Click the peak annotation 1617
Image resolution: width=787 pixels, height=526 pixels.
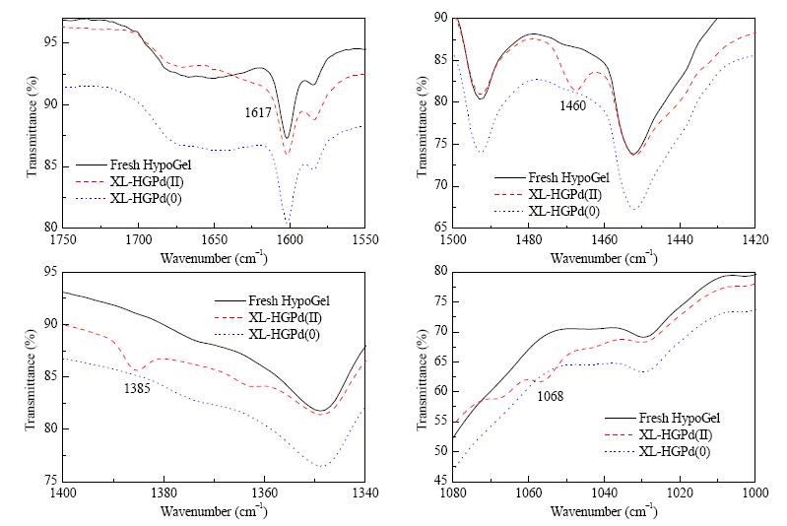click(258, 112)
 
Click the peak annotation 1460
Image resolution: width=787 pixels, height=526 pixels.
click(572, 106)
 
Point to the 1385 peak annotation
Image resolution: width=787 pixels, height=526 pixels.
click(137, 388)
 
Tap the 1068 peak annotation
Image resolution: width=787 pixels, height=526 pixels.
click(550, 397)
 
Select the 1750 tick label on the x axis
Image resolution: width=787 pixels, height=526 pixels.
click(63, 240)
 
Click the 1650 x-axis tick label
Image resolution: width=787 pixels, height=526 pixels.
click(214, 240)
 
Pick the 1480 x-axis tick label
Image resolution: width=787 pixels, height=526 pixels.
click(528, 240)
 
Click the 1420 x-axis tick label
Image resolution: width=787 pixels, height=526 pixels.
click(754, 240)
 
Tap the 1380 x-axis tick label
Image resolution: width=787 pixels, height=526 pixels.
click(164, 493)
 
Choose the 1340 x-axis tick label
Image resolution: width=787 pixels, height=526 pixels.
click(364, 493)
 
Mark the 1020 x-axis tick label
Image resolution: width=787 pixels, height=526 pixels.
click(680, 493)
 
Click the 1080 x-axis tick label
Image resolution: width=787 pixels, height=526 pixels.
click(453, 493)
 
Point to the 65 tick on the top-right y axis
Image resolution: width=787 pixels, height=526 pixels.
click(439, 227)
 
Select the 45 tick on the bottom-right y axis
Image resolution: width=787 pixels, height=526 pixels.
click(439, 481)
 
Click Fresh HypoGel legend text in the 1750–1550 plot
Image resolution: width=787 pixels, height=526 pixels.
click(151, 164)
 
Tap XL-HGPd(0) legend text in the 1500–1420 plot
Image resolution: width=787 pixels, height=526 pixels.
click(563, 212)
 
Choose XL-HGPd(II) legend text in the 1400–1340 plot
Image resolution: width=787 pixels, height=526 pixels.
click(285, 318)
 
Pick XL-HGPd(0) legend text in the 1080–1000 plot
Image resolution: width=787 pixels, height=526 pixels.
click(675, 452)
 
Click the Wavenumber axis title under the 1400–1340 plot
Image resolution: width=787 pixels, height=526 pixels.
click(214, 510)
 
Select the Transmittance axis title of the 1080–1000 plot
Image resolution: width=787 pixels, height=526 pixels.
click(424, 379)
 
